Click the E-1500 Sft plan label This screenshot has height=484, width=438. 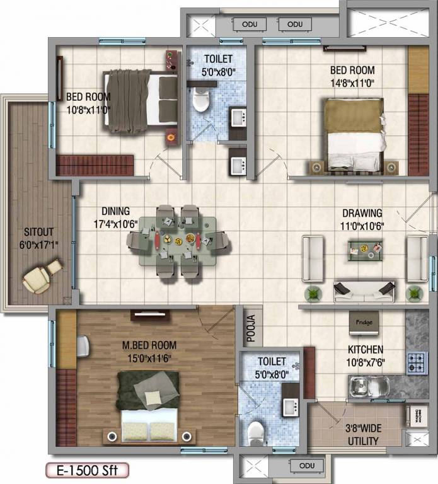pyautogui.click(x=86, y=470)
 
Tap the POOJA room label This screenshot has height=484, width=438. pyautogui.click(x=250, y=328)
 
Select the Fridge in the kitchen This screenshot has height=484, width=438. pyautogui.click(x=364, y=323)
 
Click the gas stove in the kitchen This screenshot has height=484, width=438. pyautogui.click(x=416, y=363)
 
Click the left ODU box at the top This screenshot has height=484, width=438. pyautogui.click(x=248, y=24)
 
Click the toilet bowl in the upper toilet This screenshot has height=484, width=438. pyautogui.click(x=200, y=100)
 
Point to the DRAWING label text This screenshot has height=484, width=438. pyautogui.click(x=362, y=213)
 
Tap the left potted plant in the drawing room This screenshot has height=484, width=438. pyautogui.click(x=312, y=294)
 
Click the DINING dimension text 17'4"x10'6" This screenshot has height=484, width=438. pyautogui.click(x=115, y=224)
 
